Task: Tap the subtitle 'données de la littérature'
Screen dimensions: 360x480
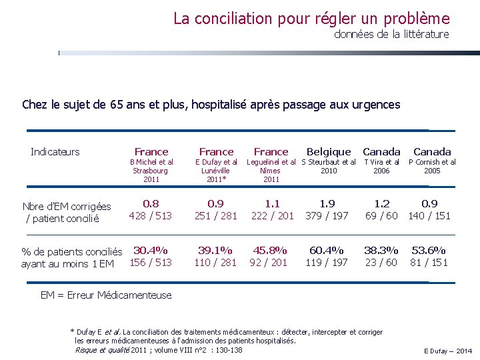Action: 391,34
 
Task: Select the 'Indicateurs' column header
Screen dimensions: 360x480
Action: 55,152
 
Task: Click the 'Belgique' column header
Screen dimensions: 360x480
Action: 329,152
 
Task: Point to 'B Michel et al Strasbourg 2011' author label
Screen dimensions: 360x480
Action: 151,171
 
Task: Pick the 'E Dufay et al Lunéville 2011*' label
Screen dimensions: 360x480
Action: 216,171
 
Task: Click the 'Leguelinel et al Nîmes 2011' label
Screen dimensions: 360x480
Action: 271,171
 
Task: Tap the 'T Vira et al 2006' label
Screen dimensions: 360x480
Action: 381,166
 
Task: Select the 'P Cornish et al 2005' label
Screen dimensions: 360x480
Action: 432,166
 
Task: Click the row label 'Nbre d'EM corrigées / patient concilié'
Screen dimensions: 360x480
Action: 66,212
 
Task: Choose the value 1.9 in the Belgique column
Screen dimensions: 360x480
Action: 327,203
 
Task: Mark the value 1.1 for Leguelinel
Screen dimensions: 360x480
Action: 272,203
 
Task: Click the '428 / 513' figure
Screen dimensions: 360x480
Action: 151,215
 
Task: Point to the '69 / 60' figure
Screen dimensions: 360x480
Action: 381,215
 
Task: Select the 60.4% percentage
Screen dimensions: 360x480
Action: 327,251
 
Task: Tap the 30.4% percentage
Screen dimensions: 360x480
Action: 151,251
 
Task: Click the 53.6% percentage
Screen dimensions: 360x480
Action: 429,251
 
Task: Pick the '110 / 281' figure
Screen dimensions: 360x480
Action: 215,263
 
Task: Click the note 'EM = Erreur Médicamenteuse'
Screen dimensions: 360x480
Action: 106,295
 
